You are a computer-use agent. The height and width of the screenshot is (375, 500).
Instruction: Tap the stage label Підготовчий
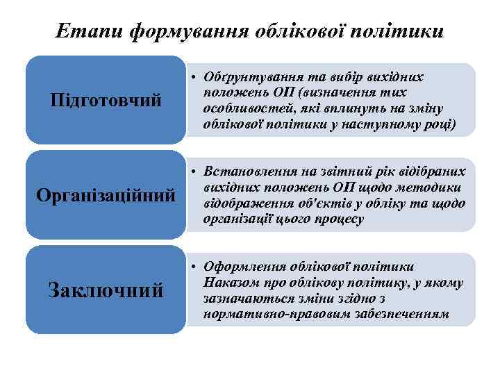(106, 101)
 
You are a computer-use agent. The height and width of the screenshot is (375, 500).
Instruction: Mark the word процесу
(341, 219)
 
